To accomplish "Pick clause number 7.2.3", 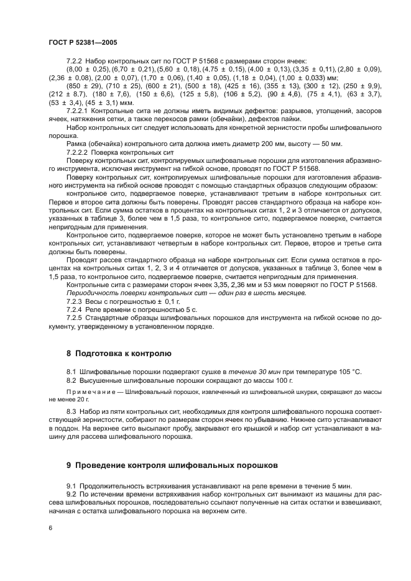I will point(76,300).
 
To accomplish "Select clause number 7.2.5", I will point(76,318).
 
